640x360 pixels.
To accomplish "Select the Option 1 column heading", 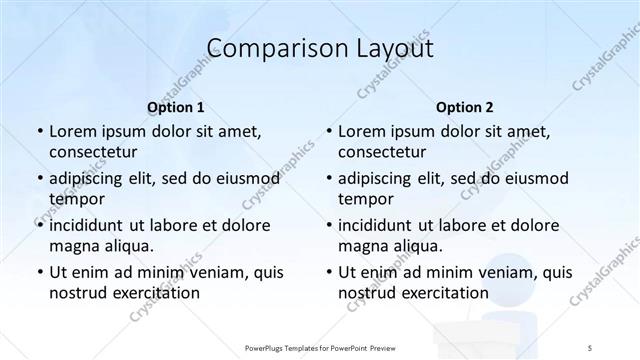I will click(x=175, y=107).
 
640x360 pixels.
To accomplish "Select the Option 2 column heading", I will click(x=464, y=107).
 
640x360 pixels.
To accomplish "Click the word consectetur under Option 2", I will click(x=382, y=153).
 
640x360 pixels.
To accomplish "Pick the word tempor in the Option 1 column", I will click(x=73, y=199).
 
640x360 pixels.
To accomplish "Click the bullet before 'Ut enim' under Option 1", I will click(x=38, y=272).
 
